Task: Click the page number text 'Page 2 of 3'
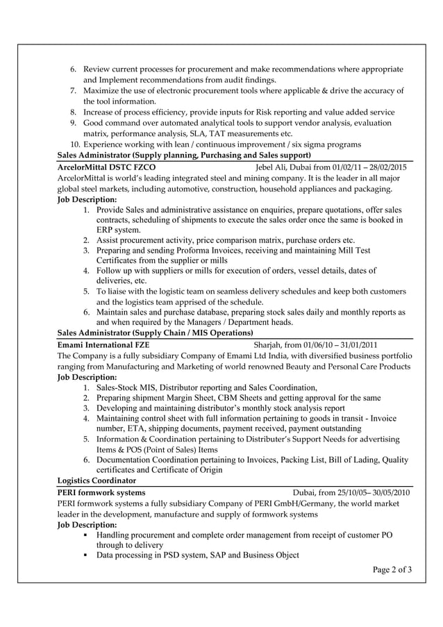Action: (x=392, y=570)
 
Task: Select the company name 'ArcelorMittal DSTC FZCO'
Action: (x=106, y=167)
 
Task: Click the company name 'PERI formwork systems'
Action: (x=101, y=492)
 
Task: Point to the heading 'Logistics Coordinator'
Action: (x=97, y=480)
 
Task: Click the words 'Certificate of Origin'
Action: (x=181, y=470)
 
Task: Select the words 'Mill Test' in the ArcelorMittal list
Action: (x=353, y=249)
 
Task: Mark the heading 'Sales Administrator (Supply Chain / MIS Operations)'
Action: (x=155, y=333)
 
